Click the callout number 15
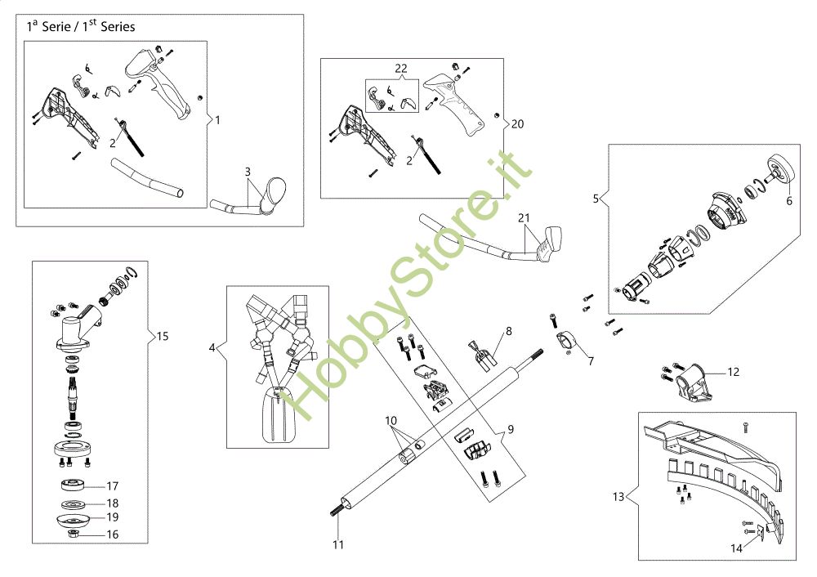tap(163, 336)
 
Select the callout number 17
tap(113, 485)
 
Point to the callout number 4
tap(212, 347)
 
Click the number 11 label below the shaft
tap(339, 543)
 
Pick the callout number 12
tap(733, 372)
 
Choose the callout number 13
tap(618, 495)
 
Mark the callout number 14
tap(737, 548)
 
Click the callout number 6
tap(789, 199)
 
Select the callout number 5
tap(596, 198)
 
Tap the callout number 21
tap(524, 218)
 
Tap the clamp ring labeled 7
tap(566, 342)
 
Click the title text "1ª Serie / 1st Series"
tap(81, 26)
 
